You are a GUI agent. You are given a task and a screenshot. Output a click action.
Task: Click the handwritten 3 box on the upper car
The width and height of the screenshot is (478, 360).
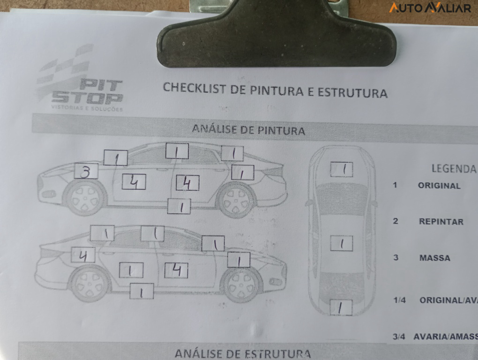point(86,172)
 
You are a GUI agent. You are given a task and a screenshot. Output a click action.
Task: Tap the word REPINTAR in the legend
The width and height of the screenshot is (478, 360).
point(441,222)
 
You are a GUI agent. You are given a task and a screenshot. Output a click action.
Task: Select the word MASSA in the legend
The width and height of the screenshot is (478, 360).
point(435,258)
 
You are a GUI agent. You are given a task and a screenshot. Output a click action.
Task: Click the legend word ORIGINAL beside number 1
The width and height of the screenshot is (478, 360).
point(439,185)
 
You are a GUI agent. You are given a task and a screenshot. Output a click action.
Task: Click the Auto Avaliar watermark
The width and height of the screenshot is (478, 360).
point(430,8)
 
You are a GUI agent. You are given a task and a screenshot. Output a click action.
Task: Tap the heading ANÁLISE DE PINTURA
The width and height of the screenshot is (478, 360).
point(248,130)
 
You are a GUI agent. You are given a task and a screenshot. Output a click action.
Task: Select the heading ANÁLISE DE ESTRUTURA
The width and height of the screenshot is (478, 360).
point(242,353)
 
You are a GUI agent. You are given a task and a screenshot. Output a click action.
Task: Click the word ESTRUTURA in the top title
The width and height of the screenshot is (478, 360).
point(352,92)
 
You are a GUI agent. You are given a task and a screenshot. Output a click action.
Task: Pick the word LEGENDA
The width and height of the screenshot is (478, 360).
point(453,169)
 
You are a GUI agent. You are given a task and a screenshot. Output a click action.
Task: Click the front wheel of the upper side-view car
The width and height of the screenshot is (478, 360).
point(85,198)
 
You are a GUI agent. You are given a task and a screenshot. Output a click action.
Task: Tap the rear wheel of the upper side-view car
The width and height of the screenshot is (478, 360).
point(237,200)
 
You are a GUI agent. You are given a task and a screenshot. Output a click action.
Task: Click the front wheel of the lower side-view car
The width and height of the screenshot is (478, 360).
point(242,285)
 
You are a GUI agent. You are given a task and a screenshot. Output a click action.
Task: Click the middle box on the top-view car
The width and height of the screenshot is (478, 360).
point(341,243)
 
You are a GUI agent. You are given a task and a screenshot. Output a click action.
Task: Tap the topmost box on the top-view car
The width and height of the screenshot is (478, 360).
point(341,169)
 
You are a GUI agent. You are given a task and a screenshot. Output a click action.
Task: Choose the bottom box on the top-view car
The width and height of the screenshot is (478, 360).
point(341,307)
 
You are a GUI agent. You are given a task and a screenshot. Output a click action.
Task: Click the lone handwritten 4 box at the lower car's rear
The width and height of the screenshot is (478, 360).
point(83,255)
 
